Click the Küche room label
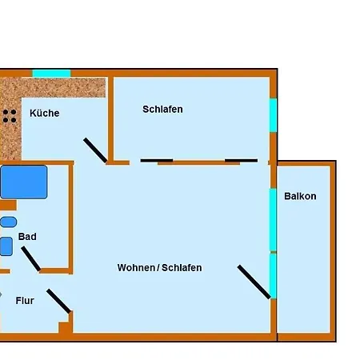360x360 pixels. [x=45, y=113]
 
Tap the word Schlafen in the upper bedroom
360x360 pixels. [x=162, y=109]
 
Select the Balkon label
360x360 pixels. [x=300, y=196]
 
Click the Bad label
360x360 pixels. [x=27, y=237]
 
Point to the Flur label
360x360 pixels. [x=25, y=301]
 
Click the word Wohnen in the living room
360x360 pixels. [x=136, y=268]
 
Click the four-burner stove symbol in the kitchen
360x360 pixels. [x=10, y=116]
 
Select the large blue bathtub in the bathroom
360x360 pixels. [x=24, y=182]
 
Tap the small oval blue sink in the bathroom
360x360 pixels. [x=8, y=222]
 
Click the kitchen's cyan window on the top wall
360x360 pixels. [x=51, y=74]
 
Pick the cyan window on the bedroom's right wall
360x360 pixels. [x=273, y=115]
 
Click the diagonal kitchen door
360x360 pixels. [x=95, y=150]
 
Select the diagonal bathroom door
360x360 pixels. [x=30, y=258]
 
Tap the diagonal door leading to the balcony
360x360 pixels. [x=254, y=282]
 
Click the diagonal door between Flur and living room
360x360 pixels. [x=58, y=301]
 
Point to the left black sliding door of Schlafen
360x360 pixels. [x=157, y=161]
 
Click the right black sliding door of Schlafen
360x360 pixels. [x=242, y=161]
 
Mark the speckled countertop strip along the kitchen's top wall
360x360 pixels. [x=54, y=87]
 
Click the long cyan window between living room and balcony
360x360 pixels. [x=273, y=220]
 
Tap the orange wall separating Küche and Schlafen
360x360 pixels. [x=110, y=119]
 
